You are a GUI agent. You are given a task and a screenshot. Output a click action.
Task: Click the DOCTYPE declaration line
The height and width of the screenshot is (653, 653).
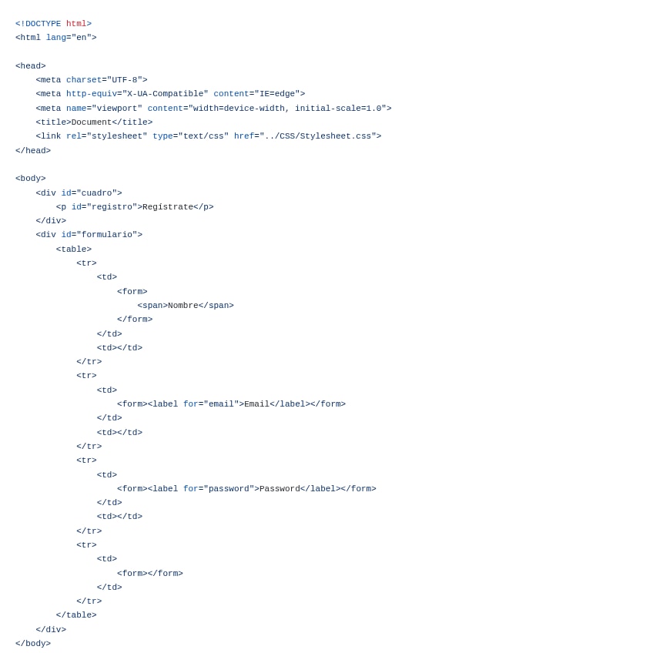[53, 24]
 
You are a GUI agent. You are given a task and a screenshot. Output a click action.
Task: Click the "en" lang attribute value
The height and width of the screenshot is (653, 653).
[82, 38]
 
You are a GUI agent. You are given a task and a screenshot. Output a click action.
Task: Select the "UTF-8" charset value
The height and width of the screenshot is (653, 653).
[125, 80]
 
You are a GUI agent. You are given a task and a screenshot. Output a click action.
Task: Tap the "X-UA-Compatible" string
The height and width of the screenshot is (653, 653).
[166, 94]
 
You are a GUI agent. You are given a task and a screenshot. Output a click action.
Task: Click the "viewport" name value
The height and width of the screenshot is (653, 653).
[117, 109]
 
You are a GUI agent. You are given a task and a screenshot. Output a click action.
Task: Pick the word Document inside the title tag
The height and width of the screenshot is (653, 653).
[92, 122]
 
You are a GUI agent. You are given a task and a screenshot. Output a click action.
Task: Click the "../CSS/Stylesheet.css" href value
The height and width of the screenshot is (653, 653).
[318, 136]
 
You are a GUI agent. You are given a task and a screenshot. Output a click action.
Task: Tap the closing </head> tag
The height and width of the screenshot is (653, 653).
[33, 151]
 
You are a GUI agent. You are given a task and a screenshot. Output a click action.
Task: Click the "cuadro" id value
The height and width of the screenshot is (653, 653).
[97, 193]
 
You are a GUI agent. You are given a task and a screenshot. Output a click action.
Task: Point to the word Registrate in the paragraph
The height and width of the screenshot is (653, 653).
[168, 207]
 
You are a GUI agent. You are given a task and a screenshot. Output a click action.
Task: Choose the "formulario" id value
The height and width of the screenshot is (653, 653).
[107, 235]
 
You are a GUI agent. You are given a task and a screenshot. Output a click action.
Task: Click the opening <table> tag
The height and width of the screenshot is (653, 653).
[74, 249]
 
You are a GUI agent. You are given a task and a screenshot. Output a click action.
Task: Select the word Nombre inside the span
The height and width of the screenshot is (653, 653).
[183, 306]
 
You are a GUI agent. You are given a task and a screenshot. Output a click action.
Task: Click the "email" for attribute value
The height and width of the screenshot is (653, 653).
[221, 404]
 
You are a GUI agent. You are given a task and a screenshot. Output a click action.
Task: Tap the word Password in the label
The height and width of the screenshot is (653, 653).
[280, 489]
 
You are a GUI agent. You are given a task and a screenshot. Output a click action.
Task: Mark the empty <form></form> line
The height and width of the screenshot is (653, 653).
[150, 574]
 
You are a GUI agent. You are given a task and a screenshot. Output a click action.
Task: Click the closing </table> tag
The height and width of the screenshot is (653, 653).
[76, 615]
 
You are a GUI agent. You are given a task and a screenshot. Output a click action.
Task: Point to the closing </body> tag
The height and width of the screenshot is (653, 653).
[33, 644]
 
